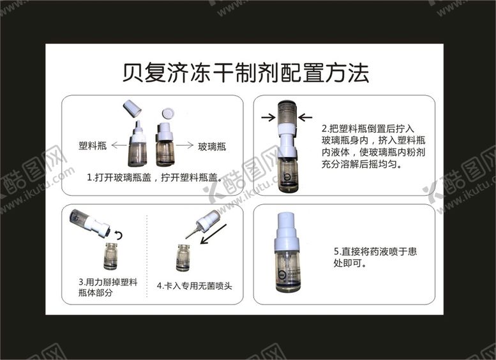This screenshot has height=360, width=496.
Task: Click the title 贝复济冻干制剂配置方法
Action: [246, 73]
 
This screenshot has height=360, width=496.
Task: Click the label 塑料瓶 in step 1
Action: [93, 146]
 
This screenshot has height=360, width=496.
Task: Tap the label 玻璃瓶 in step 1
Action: [212, 146]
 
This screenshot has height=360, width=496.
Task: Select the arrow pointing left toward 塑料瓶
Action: [119, 146]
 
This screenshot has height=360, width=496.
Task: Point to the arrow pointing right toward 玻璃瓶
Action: [184, 145]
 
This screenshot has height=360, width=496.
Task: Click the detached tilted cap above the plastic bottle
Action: [132, 108]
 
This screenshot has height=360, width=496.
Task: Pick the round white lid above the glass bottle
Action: [168, 113]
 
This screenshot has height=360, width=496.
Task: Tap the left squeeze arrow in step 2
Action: [268, 117]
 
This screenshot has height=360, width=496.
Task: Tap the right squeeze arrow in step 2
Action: [305, 117]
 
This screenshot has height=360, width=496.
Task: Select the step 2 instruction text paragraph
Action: [373, 146]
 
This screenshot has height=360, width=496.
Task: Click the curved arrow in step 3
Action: [119, 234]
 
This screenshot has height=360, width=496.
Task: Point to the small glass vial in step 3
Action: [110, 256]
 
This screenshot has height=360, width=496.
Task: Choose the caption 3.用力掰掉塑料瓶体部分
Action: [108, 287]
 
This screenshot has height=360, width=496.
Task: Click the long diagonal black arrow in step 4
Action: [213, 234]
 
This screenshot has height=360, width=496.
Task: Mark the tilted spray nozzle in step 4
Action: [202, 223]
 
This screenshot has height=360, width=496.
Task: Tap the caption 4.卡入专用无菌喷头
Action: [194, 286]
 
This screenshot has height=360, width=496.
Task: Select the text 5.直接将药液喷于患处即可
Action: [375, 257]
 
